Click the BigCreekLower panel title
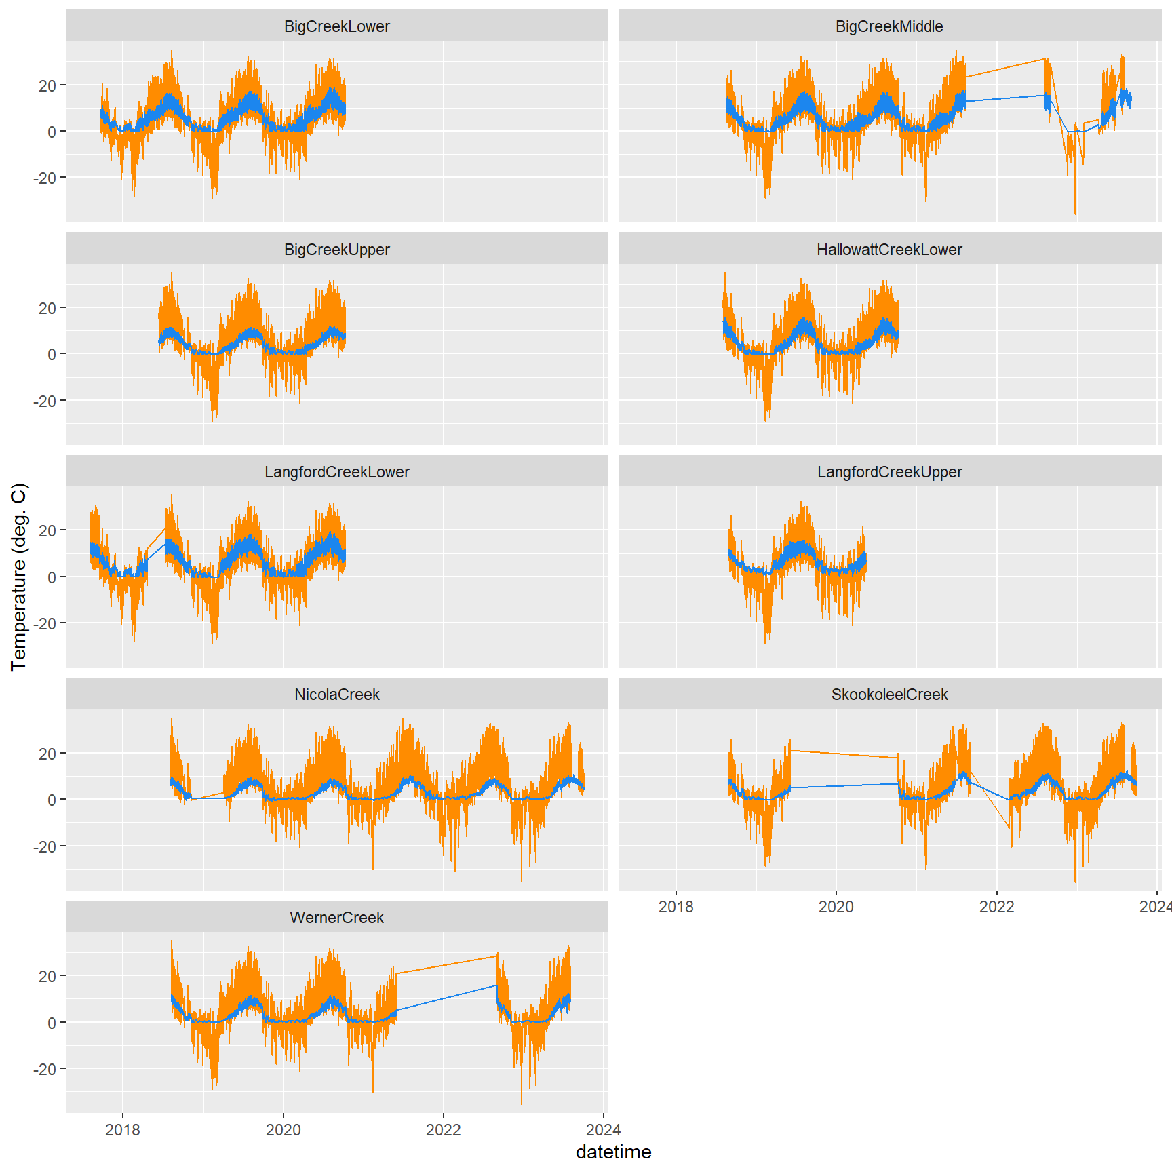[x=336, y=26]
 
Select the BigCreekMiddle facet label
[x=889, y=26]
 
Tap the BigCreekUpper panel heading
[x=336, y=250]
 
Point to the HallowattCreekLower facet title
[x=889, y=250]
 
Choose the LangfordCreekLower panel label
[x=336, y=472]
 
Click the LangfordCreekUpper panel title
[x=889, y=472]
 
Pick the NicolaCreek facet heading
[x=336, y=695]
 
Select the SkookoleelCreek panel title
[x=889, y=695]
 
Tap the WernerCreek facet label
[x=336, y=918]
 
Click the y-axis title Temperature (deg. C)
[x=19, y=577]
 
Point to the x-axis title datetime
[x=613, y=1152]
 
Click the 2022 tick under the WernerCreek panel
[x=443, y=1130]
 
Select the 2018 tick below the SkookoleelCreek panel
[x=676, y=907]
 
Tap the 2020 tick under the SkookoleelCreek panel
[x=836, y=907]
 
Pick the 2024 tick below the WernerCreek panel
[x=603, y=1130]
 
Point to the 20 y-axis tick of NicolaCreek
[x=47, y=754]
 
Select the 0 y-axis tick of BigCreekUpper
[x=52, y=354]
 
